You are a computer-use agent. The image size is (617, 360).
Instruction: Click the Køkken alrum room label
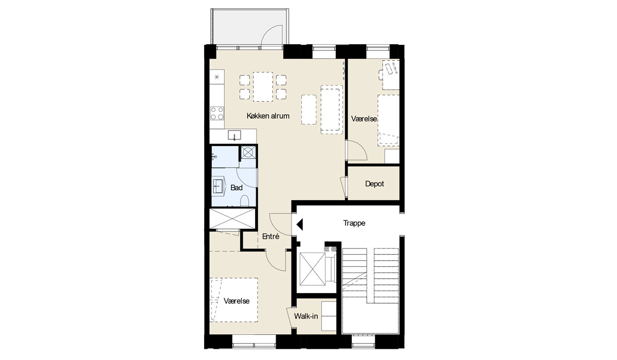[268, 116]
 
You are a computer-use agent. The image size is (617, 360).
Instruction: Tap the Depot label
[374, 184]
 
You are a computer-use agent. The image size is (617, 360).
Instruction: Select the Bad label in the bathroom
[237, 188]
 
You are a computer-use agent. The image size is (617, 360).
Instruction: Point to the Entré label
[270, 237]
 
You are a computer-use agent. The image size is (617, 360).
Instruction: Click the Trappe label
[354, 223]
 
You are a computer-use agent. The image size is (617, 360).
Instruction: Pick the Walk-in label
[306, 316]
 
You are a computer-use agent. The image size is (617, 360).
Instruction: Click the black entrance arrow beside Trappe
[300, 224]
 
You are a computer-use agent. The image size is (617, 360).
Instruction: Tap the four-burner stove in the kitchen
[217, 114]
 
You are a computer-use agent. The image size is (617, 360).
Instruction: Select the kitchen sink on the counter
[234, 135]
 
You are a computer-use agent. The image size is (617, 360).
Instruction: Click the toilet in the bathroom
[245, 201]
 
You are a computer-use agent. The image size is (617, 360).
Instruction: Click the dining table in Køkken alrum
[263, 87]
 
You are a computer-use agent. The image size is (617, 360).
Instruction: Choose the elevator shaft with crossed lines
[312, 269]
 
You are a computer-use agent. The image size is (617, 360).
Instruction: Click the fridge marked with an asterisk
[217, 77]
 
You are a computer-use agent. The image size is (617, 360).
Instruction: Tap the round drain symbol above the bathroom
[248, 152]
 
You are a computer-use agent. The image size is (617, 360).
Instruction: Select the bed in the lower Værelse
[234, 300]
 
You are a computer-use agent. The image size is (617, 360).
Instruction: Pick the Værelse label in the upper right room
[364, 119]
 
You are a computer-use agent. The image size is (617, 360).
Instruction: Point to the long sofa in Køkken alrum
[332, 110]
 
